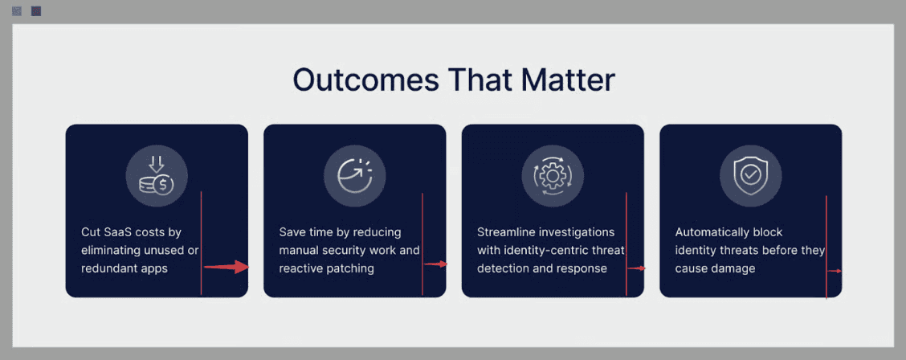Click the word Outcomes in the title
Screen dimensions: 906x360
(x=365, y=80)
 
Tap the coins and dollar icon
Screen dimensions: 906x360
(x=156, y=176)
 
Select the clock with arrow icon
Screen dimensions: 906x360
(x=355, y=176)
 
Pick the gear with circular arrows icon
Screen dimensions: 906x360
(x=553, y=176)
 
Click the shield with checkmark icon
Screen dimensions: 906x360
(x=750, y=176)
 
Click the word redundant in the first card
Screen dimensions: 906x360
(x=108, y=268)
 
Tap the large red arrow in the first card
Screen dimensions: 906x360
(x=226, y=267)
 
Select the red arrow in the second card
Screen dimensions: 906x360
(x=435, y=264)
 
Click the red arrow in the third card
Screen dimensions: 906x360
(x=637, y=268)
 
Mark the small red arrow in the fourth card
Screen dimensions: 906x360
(x=835, y=271)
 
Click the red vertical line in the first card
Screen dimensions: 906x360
(x=201, y=243)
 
